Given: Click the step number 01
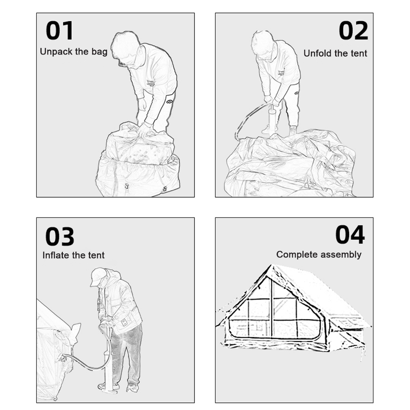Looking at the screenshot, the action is pyautogui.click(x=59, y=31).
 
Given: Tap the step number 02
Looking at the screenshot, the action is pyautogui.click(x=353, y=31).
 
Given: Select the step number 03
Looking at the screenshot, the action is pyautogui.click(x=60, y=237).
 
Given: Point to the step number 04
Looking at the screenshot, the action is pyautogui.click(x=350, y=235).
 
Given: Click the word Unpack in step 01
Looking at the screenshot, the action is pyautogui.click(x=56, y=52).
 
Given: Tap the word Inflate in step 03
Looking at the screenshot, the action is pyautogui.click(x=55, y=255).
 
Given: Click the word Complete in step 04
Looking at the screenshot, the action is pyautogui.click(x=297, y=254).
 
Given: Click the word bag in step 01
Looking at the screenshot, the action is pyautogui.click(x=99, y=52).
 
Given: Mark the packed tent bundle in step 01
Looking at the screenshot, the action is pyautogui.click(x=138, y=159).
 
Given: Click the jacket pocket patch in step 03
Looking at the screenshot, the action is pyautogui.click(x=125, y=322).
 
